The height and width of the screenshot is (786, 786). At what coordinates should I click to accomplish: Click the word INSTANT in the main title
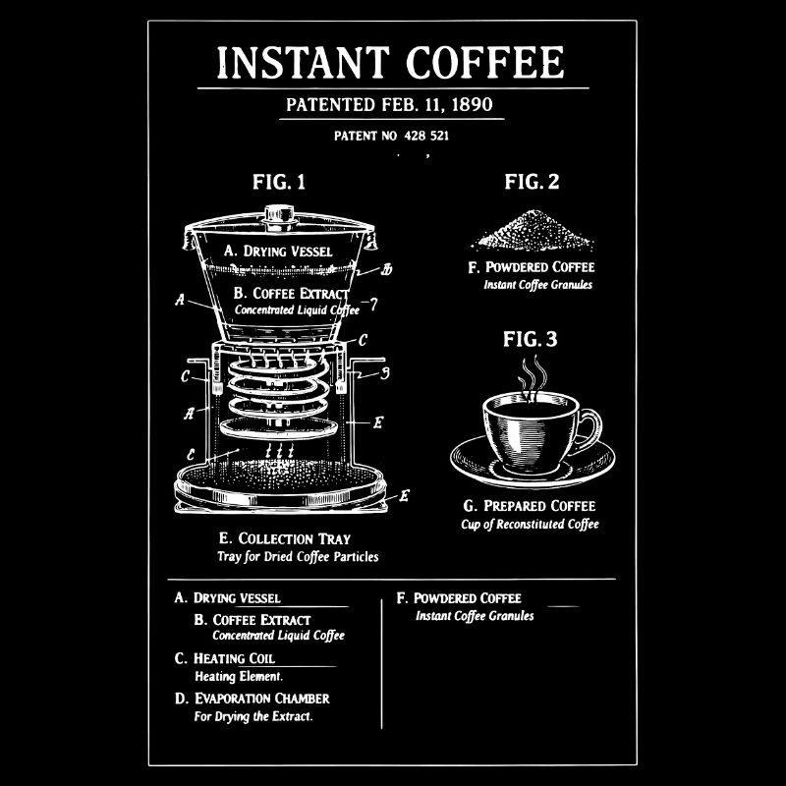point(304,63)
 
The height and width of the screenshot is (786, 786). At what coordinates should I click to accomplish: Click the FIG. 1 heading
point(279,182)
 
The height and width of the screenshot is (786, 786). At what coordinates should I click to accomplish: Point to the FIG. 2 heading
point(532,182)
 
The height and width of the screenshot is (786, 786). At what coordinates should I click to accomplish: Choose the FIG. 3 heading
point(530,340)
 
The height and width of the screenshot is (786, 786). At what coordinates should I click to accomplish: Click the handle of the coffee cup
point(588,428)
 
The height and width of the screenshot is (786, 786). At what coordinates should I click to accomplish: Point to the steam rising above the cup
point(532,376)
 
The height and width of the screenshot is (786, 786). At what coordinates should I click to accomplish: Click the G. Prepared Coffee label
point(530,506)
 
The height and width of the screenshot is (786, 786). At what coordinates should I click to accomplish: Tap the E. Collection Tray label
point(285,538)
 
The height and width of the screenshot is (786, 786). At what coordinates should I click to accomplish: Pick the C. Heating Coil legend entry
point(225,658)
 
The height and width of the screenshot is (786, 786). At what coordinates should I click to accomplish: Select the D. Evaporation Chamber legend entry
point(253,699)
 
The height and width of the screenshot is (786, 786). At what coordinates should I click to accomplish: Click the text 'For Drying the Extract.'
point(253,716)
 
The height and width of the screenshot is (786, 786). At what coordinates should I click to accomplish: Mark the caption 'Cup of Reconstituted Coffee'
point(530,524)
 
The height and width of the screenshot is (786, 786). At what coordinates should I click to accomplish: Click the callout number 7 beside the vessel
point(373,304)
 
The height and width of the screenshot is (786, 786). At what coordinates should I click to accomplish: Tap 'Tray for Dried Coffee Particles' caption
point(298,556)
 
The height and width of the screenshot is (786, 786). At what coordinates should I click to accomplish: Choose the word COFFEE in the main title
point(485,63)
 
